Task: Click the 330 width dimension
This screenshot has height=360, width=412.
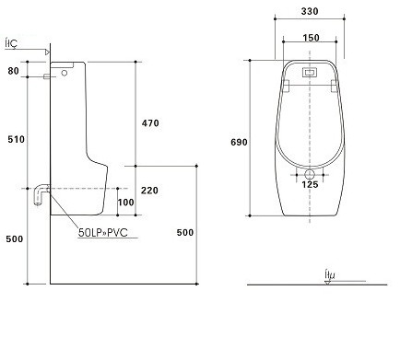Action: click(x=311, y=13)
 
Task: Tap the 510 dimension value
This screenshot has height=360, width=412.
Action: click(x=13, y=138)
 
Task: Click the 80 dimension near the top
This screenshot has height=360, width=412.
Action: click(x=13, y=70)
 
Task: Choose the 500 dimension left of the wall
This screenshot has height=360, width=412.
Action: click(x=13, y=238)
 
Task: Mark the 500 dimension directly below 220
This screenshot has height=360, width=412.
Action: click(x=183, y=232)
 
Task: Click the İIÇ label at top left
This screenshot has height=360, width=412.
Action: click(x=11, y=41)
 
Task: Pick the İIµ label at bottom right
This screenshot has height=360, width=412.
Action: click(x=329, y=273)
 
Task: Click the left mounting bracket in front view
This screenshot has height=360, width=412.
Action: click(x=285, y=84)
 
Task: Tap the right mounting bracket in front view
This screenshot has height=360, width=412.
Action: click(x=336, y=84)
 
